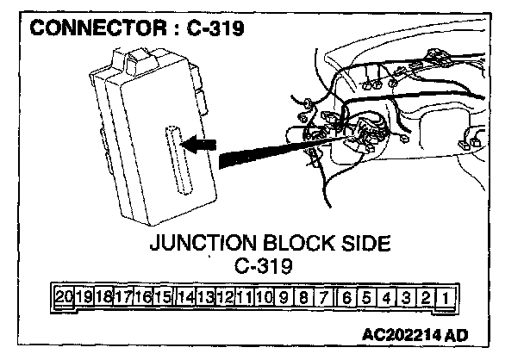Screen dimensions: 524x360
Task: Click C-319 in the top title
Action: coord(214,28)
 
